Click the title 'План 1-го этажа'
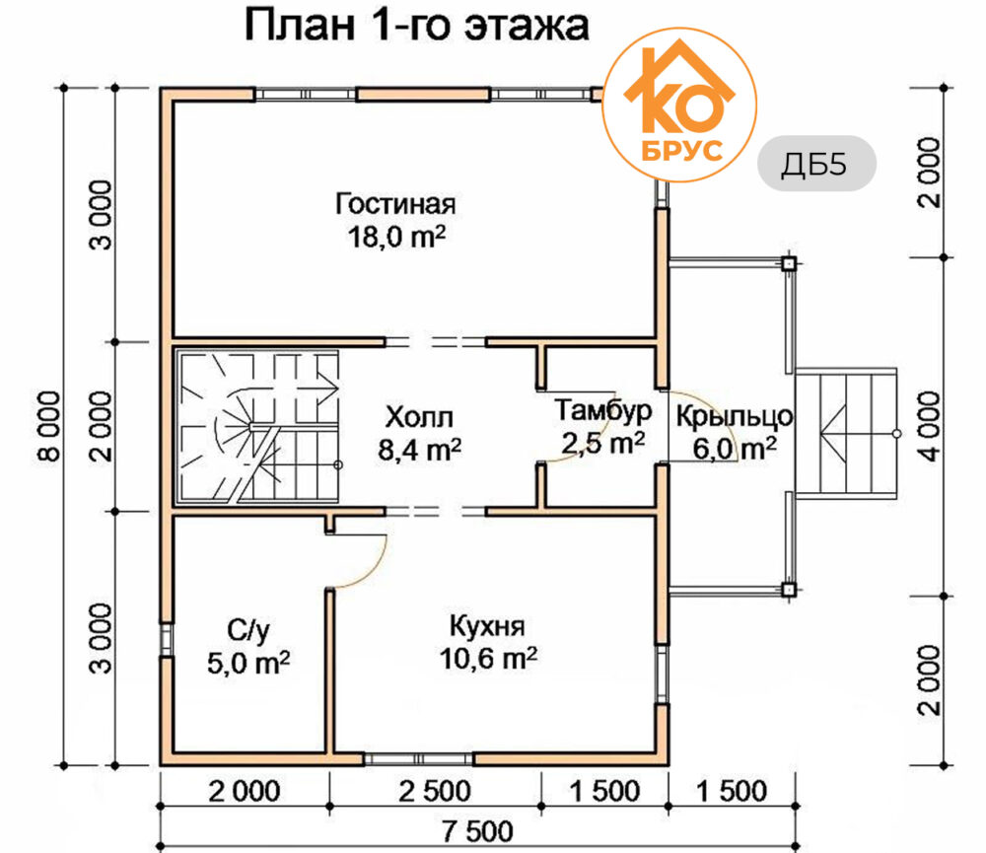point(416,26)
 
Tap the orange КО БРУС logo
point(679,106)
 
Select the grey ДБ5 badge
point(816,164)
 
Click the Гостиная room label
point(395,204)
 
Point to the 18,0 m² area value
point(396,237)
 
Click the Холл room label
point(419,417)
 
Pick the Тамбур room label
point(603,411)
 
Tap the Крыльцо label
point(735,416)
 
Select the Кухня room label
point(487,626)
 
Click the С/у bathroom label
point(248,630)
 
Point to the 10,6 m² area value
point(488,659)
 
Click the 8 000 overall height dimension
point(49,426)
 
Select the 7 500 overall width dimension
point(477,831)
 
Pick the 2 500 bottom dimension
point(435,791)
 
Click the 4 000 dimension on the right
point(930,426)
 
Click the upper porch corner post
point(789,263)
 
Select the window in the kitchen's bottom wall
point(419,759)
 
